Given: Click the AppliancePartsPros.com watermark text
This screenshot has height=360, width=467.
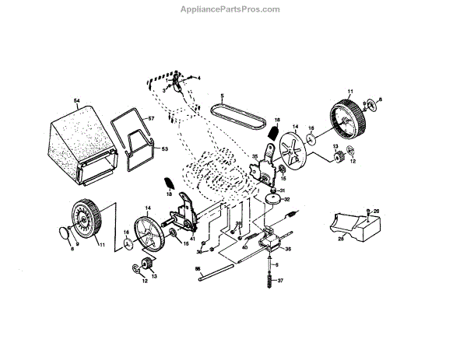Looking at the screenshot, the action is (233, 9).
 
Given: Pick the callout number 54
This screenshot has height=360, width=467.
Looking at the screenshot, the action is (77, 102).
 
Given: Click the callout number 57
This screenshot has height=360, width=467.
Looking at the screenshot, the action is (152, 118).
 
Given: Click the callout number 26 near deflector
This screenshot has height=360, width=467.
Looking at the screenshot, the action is (377, 211).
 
